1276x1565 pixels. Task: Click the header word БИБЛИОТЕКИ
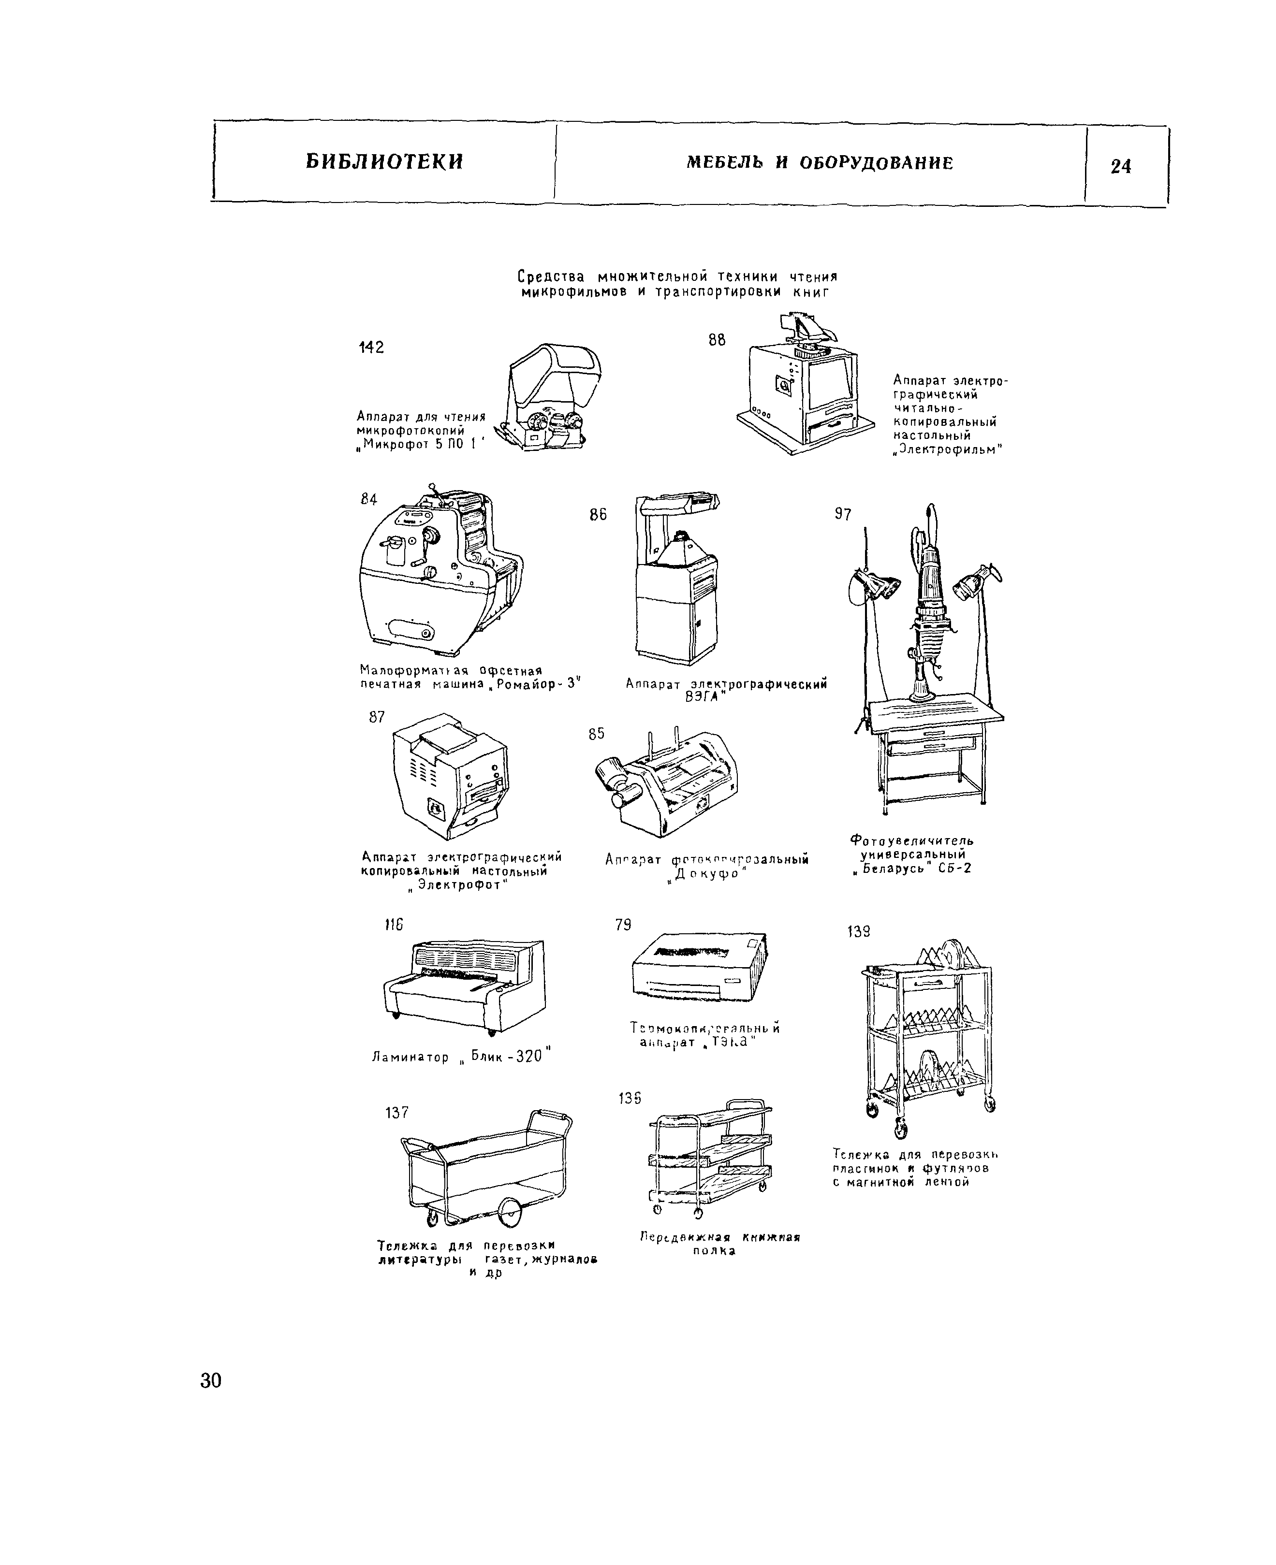click(384, 161)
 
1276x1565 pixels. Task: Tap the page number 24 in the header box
click(1121, 167)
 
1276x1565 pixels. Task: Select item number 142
click(371, 348)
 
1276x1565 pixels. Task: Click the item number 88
click(717, 339)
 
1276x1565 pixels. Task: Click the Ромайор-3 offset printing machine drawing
click(441, 573)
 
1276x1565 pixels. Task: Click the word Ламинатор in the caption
click(410, 1058)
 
